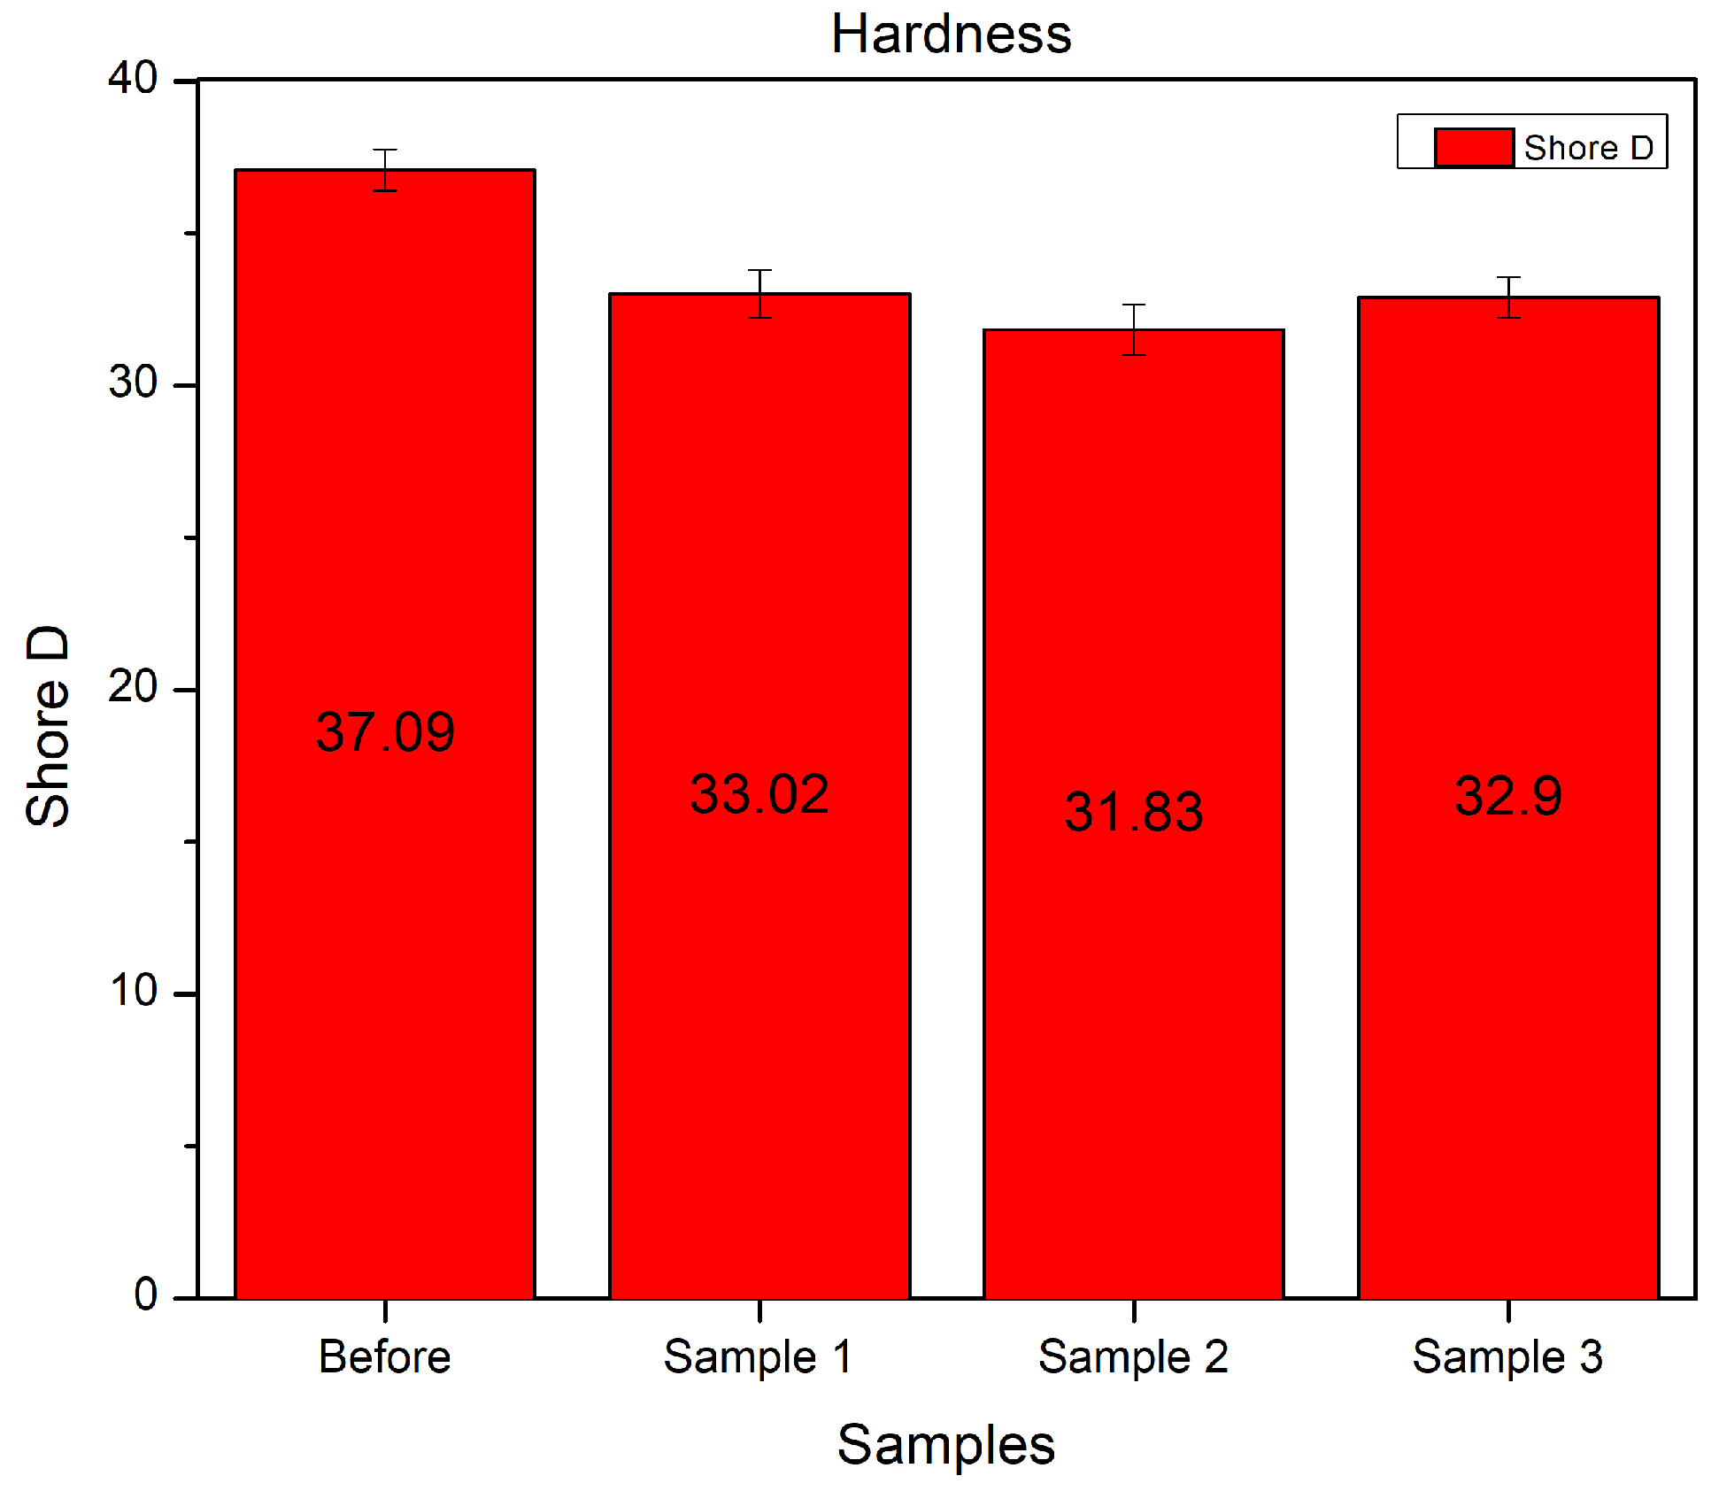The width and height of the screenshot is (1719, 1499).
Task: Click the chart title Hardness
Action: (951, 35)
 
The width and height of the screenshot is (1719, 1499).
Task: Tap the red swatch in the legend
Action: (1473, 147)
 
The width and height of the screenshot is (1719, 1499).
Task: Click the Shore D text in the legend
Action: (1588, 148)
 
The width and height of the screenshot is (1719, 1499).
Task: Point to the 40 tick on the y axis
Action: (133, 79)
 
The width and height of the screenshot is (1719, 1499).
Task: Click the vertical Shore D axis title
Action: (48, 726)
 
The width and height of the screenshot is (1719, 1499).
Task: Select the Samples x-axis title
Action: (945, 1444)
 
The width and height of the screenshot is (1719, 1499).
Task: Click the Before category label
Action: (384, 1356)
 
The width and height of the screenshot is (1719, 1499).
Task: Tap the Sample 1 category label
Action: (758, 1356)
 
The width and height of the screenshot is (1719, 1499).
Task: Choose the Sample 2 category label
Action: (1133, 1356)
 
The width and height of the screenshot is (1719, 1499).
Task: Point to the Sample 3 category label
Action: (1507, 1356)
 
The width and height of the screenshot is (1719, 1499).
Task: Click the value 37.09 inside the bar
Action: (385, 732)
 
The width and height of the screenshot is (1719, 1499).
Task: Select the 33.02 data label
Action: (759, 794)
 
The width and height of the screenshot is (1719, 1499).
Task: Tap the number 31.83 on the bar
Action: (1133, 812)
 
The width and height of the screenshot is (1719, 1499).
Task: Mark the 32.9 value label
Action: (1508, 796)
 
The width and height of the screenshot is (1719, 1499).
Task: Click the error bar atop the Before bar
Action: (385, 169)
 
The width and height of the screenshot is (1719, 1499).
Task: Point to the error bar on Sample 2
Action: (1134, 329)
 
